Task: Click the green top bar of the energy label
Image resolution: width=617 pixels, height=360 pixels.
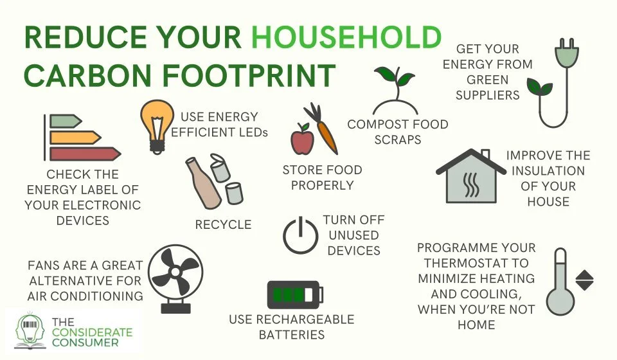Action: pos(65,121)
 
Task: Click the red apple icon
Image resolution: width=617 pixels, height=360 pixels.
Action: pos(301,139)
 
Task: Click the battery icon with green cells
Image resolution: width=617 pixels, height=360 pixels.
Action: pos(294,295)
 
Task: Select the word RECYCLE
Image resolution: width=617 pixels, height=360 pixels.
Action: pos(223,224)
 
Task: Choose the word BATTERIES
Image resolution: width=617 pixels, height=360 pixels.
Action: pos(292,334)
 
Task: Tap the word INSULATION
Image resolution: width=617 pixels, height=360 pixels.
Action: pos(548,171)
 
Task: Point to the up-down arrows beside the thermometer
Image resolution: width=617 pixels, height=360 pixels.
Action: pos(586,280)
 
